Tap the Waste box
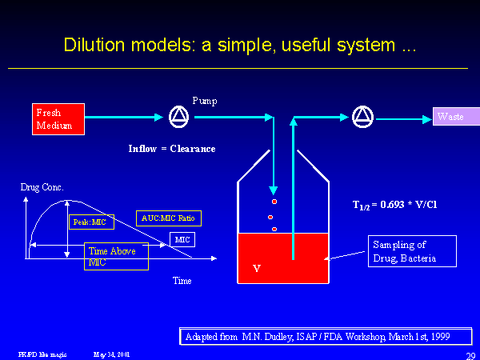pos(456,117)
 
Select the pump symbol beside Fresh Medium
pos(178,118)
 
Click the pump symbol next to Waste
pos(362,118)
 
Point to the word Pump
pos(205,101)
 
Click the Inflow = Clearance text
pos(172,149)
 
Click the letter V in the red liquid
pos(256,269)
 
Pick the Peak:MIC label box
pos(92,221)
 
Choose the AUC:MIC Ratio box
pos(169,218)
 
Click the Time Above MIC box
pos(117,257)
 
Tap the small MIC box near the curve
pos(182,239)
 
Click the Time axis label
pos(182,281)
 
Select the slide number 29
pos(470,355)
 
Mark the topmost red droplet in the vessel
pos(274,191)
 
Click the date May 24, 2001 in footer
pos(111,354)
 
